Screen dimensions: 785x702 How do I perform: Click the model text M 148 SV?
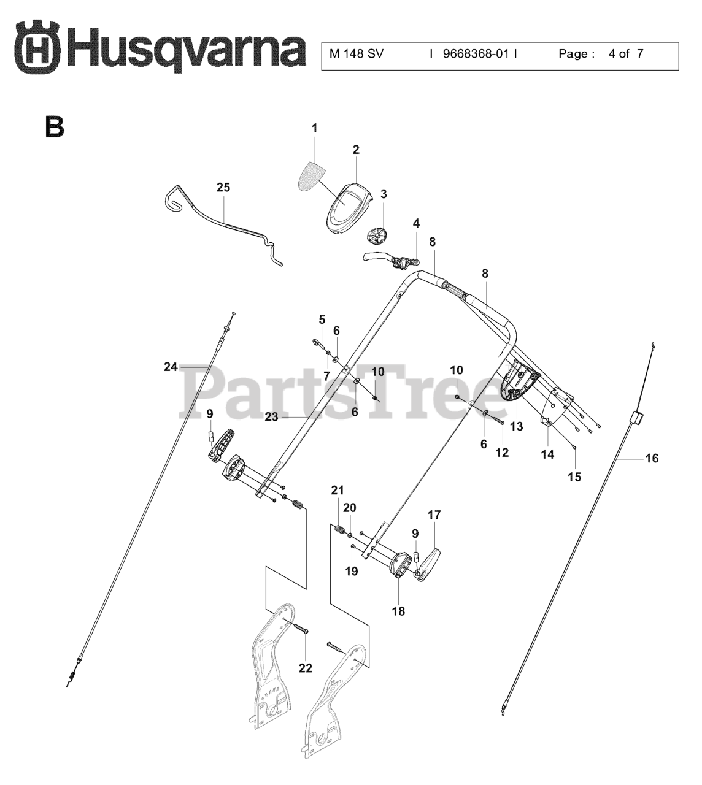pyautogui.click(x=356, y=54)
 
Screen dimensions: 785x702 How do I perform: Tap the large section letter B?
pyautogui.click(x=55, y=126)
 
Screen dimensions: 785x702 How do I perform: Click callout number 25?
pyautogui.click(x=223, y=188)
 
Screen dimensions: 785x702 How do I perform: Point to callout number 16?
pyautogui.click(x=652, y=458)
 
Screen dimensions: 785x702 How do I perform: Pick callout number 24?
pyautogui.click(x=171, y=367)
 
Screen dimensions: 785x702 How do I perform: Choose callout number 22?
pyautogui.click(x=305, y=668)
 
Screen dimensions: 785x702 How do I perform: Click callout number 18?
pyautogui.click(x=398, y=611)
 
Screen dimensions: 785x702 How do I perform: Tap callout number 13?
pyautogui.click(x=516, y=426)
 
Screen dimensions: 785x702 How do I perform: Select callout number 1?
pyautogui.click(x=315, y=128)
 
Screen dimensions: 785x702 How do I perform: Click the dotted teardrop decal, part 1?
pyautogui.click(x=313, y=175)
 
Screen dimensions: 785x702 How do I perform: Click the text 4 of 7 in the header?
pyautogui.click(x=625, y=54)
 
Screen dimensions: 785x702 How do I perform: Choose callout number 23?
pyautogui.click(x=272, y=416)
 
